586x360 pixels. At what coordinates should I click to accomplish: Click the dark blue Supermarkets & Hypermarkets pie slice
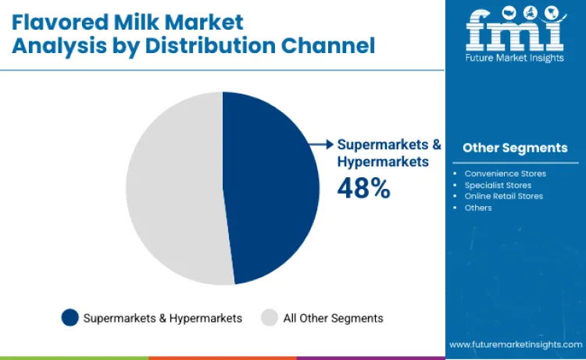(270, 187)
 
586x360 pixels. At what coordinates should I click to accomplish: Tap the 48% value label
(363, 188)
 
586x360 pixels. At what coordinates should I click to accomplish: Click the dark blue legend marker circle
(70, 318)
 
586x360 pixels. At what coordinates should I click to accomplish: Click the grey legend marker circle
(270, 318)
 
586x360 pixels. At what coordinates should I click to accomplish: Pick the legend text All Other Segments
(333, 318)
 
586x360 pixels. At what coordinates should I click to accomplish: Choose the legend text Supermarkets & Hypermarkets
(163, 318)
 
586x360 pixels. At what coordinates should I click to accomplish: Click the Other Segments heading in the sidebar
(515, 148)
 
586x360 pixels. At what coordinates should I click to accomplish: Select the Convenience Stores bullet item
(505, 173)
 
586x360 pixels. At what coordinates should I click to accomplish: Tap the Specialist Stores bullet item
(498, 185)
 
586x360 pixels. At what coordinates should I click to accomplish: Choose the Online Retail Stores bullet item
(503, 196)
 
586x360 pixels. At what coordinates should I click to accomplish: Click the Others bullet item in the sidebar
(478, 208)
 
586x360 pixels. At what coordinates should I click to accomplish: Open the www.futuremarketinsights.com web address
(516, 344)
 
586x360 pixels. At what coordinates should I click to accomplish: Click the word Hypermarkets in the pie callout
(383, 162)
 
